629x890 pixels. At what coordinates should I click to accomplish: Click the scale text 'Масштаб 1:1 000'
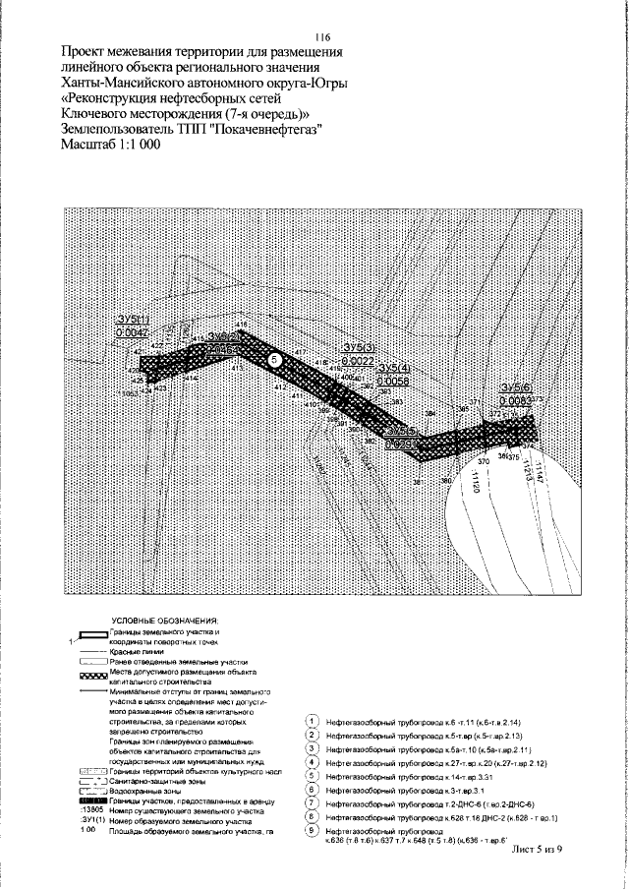coord(109,144)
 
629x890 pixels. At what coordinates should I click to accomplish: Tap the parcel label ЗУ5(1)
coord(131,321)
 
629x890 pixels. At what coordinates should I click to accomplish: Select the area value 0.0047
coord(131,334)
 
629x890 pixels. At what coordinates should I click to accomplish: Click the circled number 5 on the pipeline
coord(276,361)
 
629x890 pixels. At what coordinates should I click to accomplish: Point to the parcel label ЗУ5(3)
coord(358,348)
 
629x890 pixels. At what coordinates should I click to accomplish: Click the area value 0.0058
coord(392,380)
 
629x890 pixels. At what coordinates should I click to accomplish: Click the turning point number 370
coord(484,460)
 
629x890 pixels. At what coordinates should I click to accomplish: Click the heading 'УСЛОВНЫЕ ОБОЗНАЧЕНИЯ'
coord(164,622)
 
